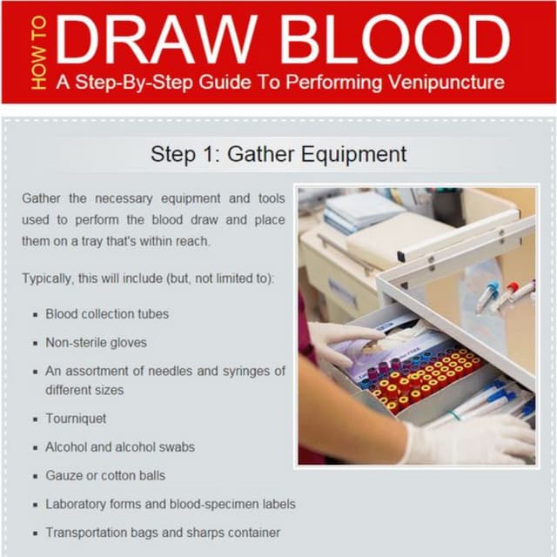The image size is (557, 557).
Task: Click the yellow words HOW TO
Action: (x=38, y=52)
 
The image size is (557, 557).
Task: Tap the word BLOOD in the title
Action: (x=396, y=39)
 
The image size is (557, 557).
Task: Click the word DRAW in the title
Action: (x=157, y=39)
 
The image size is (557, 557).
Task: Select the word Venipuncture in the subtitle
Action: (x=446, y=83)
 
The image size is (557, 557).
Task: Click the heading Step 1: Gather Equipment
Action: (x=278, y=154)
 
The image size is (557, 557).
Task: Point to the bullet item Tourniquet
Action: (x=76, y=419)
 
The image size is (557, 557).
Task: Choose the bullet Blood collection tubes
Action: (x=107, y=314)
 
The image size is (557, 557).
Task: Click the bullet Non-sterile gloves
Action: (x=96, y=342)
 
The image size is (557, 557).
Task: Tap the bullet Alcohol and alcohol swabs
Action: (x=120, y=446)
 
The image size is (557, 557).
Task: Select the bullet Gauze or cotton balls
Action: (x=105, y=475)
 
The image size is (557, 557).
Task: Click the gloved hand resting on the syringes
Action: (x=469, y=440)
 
